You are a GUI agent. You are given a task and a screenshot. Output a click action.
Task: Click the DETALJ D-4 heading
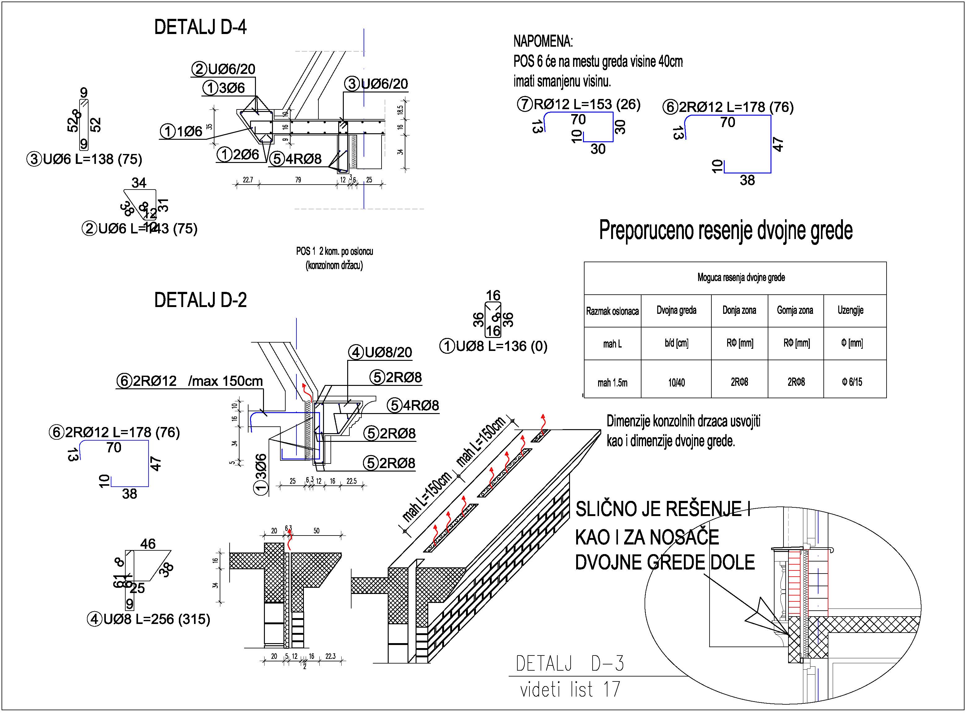tap(201, 28)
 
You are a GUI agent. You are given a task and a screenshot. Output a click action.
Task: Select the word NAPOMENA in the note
tap(543, 42)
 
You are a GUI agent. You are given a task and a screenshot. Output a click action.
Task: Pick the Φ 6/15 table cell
tap(852, 382)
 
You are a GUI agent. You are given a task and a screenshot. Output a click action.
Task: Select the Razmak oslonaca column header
tap(612, 311)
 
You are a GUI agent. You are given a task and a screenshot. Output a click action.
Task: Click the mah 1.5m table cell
tap(612, 383)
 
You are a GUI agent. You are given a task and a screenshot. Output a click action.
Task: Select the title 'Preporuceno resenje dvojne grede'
tap(726, 230)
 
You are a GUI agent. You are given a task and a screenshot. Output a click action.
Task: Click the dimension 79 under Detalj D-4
tap(298, 180)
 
